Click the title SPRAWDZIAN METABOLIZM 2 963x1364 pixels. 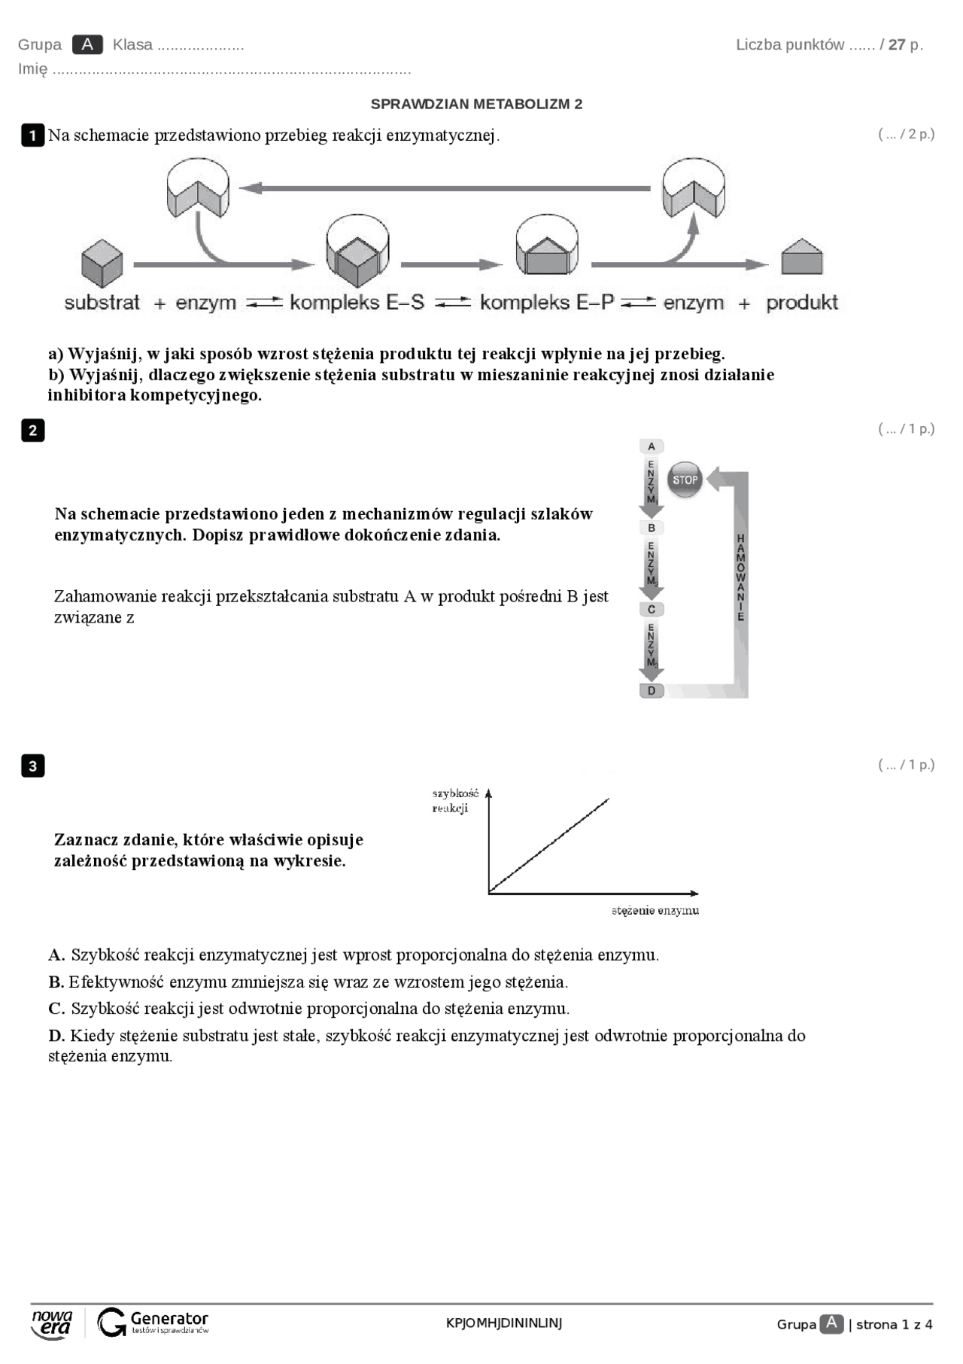pos(476,104)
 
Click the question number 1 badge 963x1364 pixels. pos(32,135)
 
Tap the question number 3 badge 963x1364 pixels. pos(32,766)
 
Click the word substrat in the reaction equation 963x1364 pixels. pos(102,303)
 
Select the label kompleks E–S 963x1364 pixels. pos(357,303)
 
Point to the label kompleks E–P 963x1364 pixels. pos(547,303)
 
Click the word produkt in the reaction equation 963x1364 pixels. pos(802,303)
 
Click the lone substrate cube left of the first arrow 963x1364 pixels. pos(102,263)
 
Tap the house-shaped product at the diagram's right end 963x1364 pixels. pos(802,257)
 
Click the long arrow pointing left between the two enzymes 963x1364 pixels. pos(444,188)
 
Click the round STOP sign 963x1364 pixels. pos(685,480)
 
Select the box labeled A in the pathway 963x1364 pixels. pos(652,446)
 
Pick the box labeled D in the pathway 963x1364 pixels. pos(652,690)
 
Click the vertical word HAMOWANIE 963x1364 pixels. pos(740,577)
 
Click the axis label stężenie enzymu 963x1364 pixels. pos(655,911)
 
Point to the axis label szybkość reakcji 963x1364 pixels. pos(454,800)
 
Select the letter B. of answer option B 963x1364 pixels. pos(56,982)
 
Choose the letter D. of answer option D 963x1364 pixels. pos(57,1036)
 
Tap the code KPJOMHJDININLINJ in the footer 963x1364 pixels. pos(504,1323)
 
